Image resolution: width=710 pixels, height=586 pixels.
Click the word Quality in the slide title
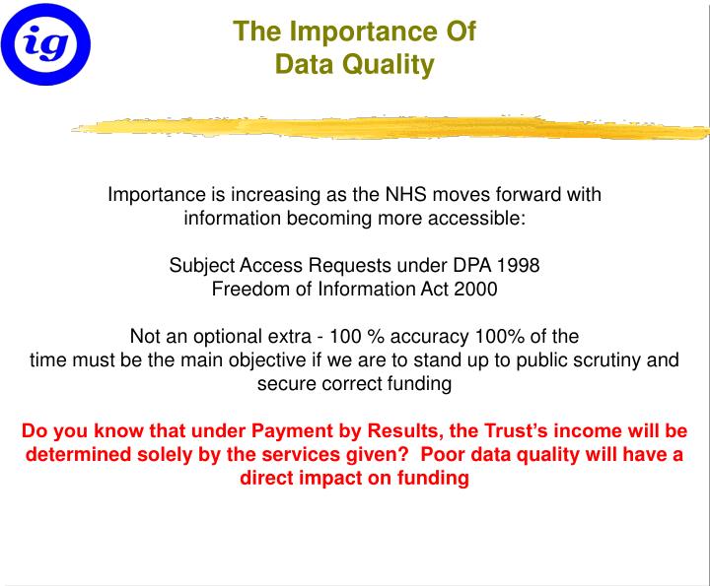391,66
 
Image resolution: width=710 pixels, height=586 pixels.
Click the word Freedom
248,289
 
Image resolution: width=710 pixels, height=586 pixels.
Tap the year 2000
476,289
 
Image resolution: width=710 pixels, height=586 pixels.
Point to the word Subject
200,266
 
